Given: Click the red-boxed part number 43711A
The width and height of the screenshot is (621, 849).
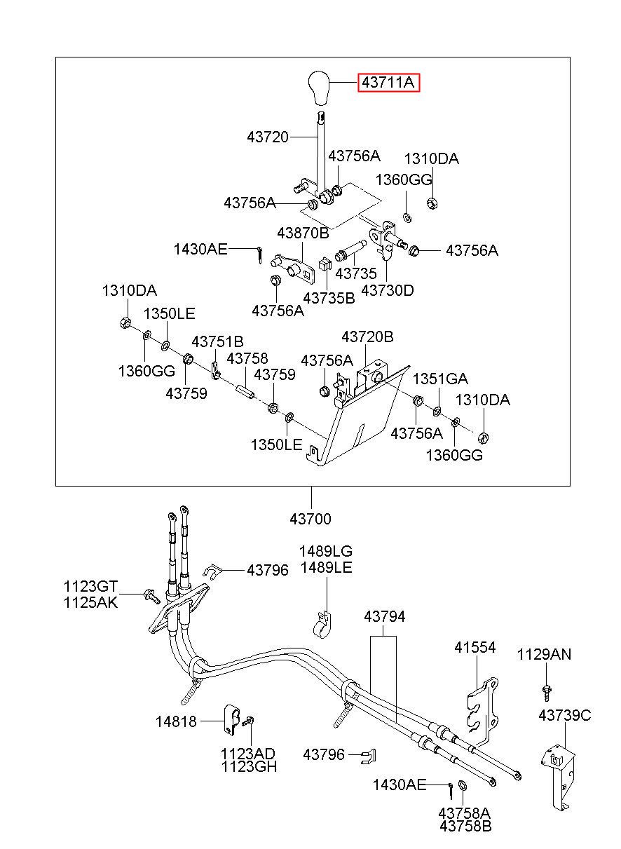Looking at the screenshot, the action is coord(389,82).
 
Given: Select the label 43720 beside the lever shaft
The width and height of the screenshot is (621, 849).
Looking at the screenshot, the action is coord(268,137).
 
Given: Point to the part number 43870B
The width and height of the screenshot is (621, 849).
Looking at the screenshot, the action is coord(303,233).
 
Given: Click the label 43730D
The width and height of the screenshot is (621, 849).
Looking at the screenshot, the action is coord(387,291).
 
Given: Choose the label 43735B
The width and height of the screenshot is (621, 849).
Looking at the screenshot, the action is coord(329,299).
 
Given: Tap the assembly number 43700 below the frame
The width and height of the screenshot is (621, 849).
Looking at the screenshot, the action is coord(310,519).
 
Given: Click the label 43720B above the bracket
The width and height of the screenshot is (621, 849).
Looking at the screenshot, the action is coord(367,337).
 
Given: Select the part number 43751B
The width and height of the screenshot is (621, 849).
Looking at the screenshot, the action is coord(217,342).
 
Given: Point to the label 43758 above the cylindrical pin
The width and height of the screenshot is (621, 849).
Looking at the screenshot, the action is coord(247,358).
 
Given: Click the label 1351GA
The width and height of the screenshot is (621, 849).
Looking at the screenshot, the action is coord(440,379).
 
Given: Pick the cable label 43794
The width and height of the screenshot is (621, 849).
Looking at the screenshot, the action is coord(384,617).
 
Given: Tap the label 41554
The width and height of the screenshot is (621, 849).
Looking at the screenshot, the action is coord(475,647).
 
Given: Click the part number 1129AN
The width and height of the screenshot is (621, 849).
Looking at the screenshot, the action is coord(544,655).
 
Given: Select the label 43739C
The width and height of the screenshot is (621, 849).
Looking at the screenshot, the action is coord(564,716).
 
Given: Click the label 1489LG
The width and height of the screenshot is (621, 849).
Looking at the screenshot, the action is coord(326,551).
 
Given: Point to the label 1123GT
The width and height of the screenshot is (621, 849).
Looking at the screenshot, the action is coord(90,586).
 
